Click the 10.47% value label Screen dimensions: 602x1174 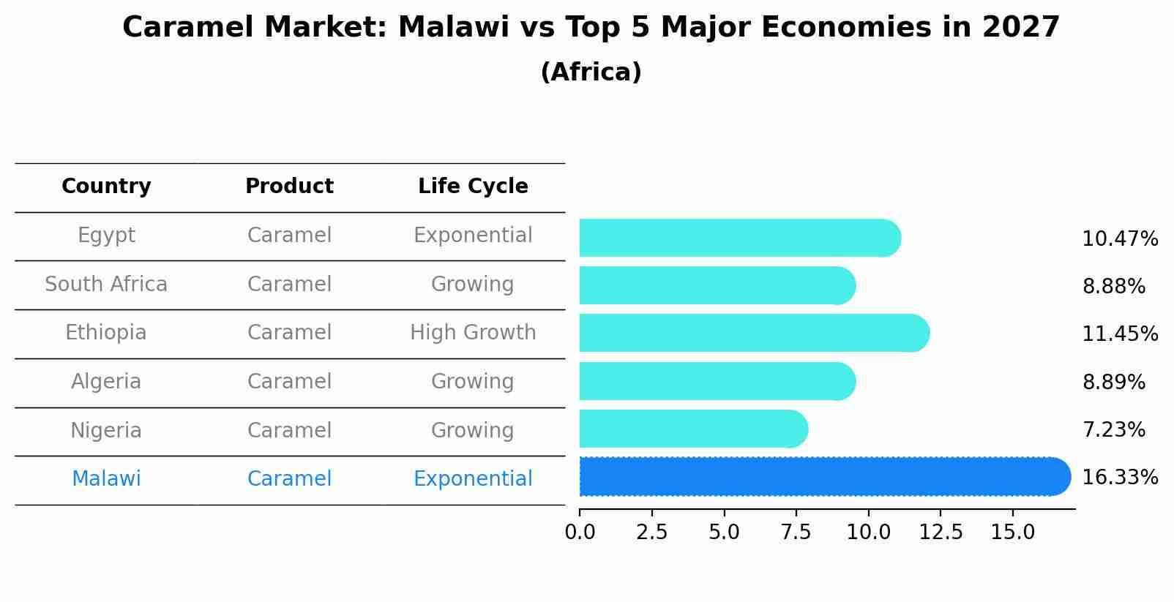point(1119,239)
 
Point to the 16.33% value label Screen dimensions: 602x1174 point(1119,478)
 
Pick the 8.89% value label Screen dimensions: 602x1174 point(1113,383)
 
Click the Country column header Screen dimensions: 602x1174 point(106,187)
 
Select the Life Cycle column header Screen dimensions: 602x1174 point(473,187)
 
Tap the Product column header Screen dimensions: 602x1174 point(289,187)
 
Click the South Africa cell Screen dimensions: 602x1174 point(106,285)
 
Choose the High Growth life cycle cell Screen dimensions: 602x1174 point(473,333)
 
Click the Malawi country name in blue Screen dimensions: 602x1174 point(106,479)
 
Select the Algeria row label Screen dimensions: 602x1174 point(106,382)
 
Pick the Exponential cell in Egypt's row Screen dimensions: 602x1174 point(473,236)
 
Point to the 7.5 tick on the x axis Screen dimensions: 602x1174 point(796,533)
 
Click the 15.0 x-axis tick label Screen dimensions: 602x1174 point(1013,533)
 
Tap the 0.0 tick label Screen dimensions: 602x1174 point(580,533)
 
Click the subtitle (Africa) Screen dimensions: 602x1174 point(591,72)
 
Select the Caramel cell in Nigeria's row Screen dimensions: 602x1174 point(289,431)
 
